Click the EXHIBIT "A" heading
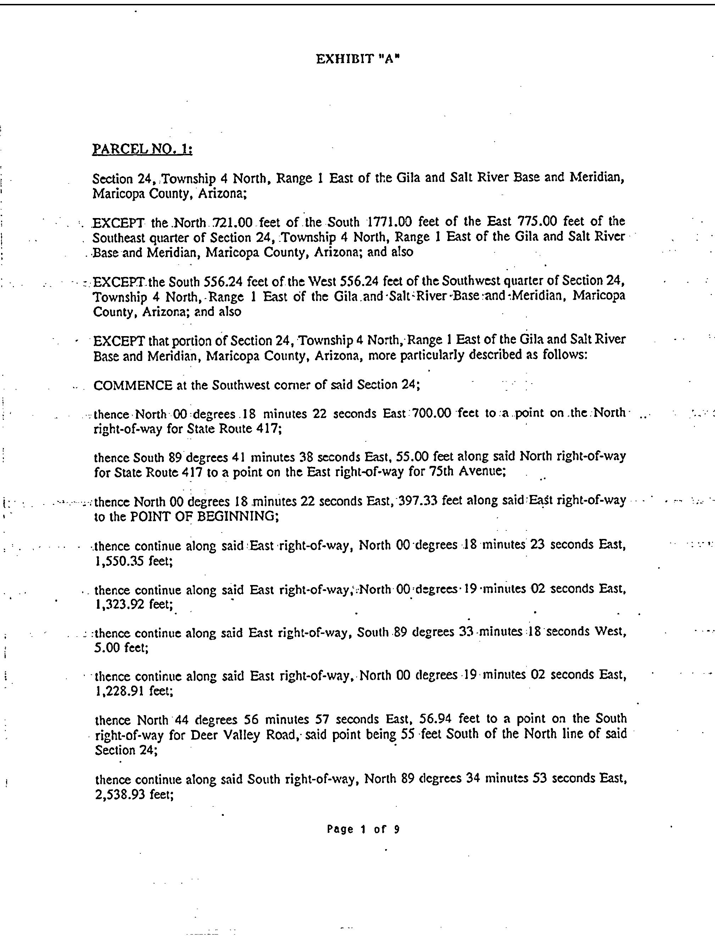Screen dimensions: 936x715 [x=357, y=59]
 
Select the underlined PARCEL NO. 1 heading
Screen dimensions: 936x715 [x=142, y=149]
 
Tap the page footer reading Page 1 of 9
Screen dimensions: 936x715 [x=363, y=829]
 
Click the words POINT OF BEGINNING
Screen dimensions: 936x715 [x=204, y=517]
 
